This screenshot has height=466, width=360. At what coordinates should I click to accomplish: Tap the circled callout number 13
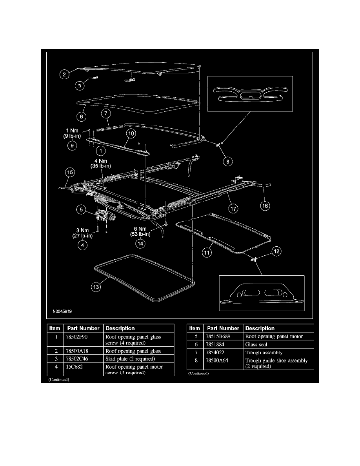point(96,287)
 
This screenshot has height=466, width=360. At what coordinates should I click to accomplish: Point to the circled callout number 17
point(234,209)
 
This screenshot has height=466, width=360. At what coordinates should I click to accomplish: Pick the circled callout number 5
point(81,210)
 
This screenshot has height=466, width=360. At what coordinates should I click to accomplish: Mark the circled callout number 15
point(70,172)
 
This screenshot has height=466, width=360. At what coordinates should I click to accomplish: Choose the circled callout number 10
point(131,134)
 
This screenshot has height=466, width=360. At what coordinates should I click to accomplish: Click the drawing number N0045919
point(64,312)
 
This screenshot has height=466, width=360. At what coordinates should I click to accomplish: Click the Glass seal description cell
point(256,344)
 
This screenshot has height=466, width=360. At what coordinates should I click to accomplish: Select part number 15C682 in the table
point(75,367)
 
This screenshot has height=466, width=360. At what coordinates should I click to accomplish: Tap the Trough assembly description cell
point(264,353)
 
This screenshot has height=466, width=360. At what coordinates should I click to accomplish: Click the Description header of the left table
point(120,328)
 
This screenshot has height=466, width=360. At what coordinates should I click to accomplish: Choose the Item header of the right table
point(195,328)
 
